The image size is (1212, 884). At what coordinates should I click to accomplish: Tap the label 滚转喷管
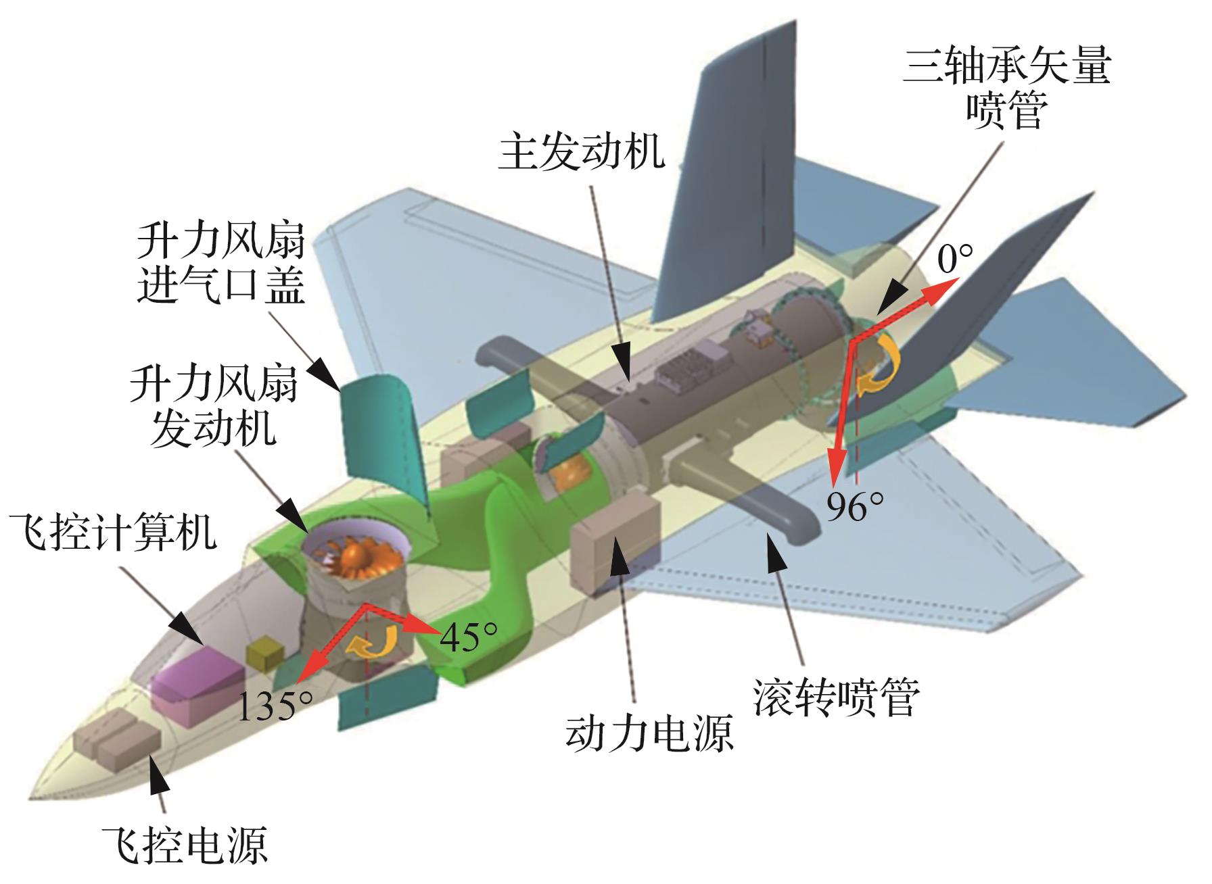[837, 698]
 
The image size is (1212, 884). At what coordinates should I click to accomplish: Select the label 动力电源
[649, 735]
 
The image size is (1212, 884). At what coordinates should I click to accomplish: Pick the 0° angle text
[955, 259]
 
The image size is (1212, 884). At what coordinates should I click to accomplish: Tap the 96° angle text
[856, 506]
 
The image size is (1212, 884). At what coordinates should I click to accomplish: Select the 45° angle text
[468, 636]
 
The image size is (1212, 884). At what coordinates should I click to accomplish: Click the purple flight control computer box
[196, 679]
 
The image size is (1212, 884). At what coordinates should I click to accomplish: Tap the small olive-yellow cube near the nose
[266, 654]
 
